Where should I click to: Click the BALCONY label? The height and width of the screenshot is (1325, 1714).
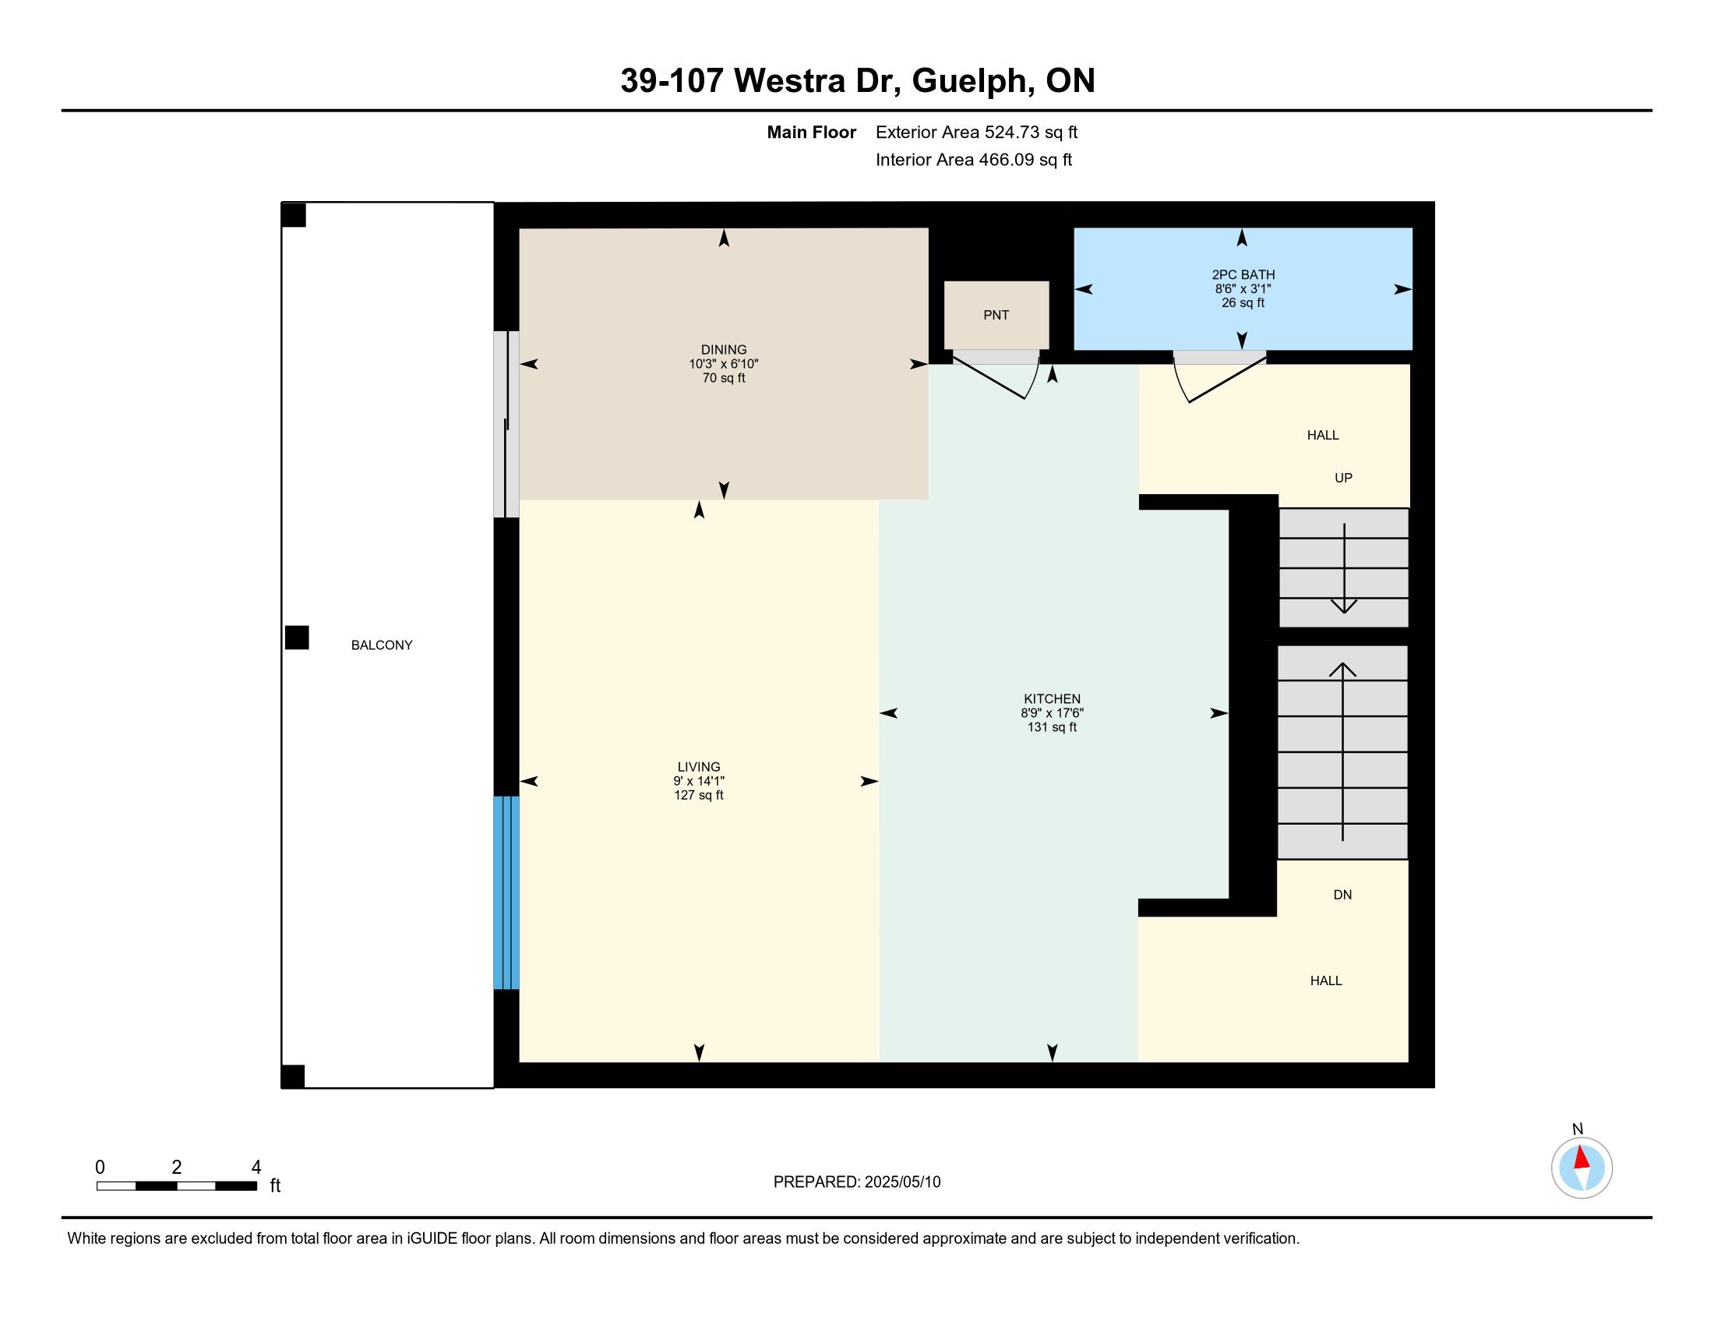382,645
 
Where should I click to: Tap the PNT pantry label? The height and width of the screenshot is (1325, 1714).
996,315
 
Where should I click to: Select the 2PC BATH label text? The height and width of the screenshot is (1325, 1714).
1243,274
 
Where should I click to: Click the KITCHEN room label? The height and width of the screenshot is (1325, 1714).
1052,698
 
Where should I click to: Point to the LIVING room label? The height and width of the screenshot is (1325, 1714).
699,767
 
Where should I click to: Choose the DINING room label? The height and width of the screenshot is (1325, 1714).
724,350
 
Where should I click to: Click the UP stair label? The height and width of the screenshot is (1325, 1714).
1343,478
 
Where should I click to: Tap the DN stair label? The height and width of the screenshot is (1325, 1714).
1342,895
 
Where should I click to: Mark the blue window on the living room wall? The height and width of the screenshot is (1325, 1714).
506,892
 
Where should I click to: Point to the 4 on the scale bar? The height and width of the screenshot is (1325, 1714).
256,1168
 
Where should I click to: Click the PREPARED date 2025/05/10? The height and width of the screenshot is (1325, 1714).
901,1182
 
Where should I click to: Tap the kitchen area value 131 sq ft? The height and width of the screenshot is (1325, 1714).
1052,728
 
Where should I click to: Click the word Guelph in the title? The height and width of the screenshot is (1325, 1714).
971,81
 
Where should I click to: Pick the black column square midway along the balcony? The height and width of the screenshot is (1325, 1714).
297,638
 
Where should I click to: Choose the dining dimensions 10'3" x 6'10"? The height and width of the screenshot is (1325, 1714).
724,364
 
